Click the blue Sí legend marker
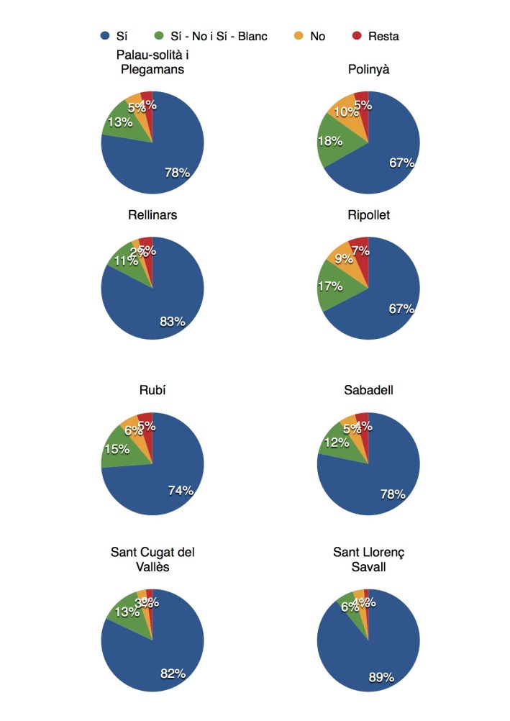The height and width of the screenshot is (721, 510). pos(105,36)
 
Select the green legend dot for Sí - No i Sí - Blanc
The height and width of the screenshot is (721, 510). pos(160,36)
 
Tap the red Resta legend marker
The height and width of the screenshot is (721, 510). pos(357,36)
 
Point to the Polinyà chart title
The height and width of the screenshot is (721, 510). pos(368,70)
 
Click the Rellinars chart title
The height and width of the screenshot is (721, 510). pos(152,214)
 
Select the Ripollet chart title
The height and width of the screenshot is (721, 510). pos(368,214)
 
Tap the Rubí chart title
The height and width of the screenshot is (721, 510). pos(152,390)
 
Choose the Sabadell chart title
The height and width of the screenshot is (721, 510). pos(368,390)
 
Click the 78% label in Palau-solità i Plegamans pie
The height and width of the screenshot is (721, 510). pos(177,172)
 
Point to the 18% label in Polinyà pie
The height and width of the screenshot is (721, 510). pos(329,141)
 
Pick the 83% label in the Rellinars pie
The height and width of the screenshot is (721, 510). pos(173,322)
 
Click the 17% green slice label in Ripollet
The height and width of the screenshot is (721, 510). pos(330,285)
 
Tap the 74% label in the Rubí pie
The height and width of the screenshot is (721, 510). pos(181,491)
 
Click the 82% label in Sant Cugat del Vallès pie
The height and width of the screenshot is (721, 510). pos(173,674)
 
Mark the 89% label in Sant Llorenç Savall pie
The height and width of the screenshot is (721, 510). pos(381,676)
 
